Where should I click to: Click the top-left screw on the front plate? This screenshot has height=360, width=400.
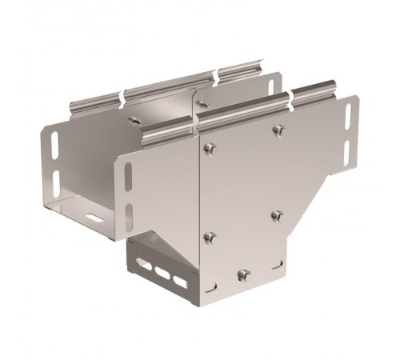210,146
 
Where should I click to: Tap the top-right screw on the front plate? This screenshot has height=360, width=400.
278,129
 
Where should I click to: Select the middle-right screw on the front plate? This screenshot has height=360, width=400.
277,214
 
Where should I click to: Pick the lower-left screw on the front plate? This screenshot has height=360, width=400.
209,238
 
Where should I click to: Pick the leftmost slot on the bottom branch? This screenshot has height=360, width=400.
146,266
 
